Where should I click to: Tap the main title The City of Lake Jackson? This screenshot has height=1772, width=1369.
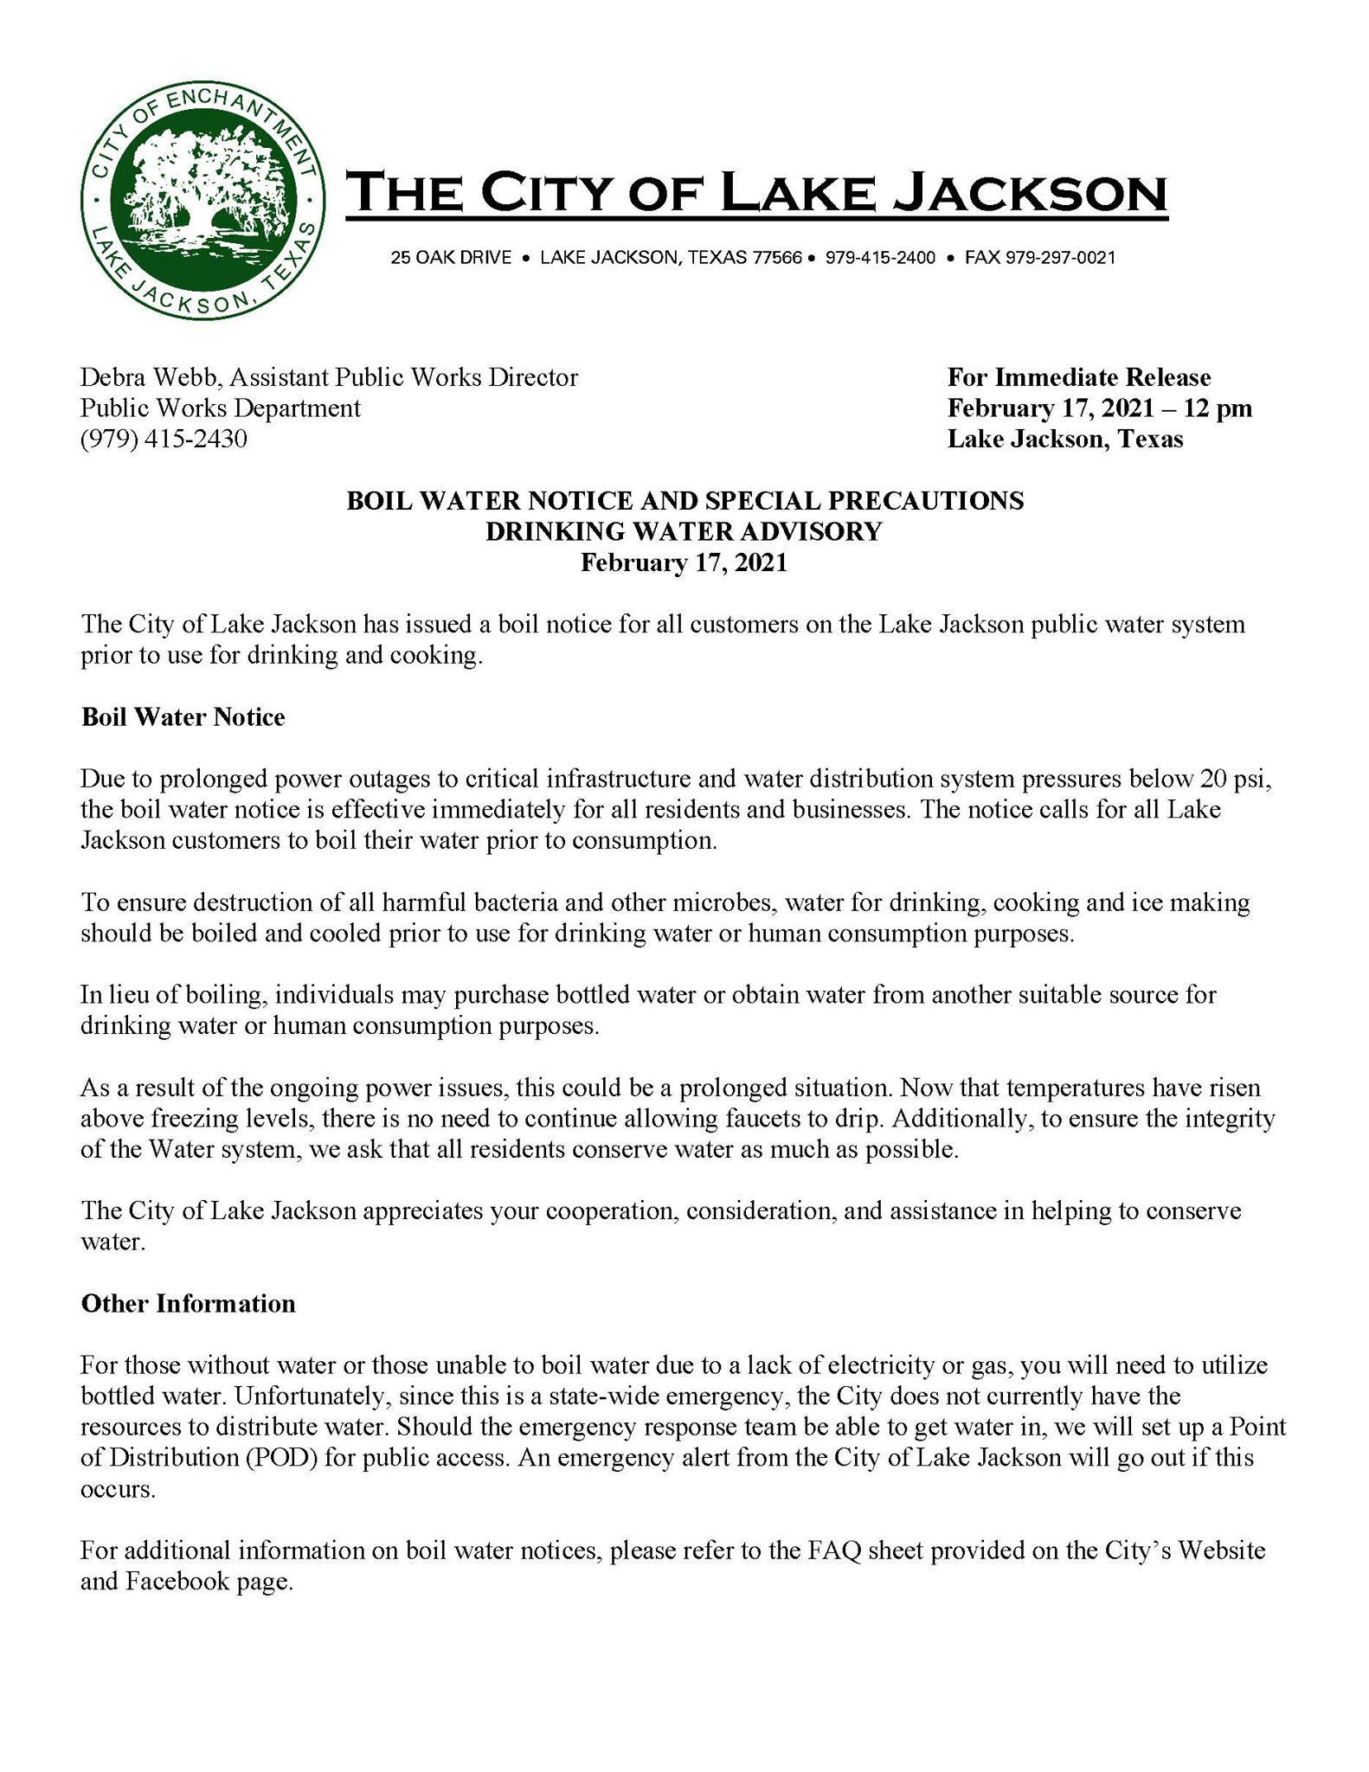[756, 192]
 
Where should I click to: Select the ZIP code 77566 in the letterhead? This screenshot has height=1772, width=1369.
[777, 258]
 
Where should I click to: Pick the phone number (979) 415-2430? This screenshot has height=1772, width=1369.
[164, 440]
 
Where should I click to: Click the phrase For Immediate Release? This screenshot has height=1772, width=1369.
[1079, 377]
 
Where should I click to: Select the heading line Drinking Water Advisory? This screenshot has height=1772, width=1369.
[684, 531]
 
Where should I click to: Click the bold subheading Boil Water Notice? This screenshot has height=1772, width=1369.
[183, 717]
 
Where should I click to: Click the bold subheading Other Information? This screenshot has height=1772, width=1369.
[188, 1304]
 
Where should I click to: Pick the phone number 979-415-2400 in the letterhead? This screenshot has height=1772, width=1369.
[880, 258]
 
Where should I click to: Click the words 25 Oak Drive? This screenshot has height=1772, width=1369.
[451, 258]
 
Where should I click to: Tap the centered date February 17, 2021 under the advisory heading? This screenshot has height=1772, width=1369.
[684, 562]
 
